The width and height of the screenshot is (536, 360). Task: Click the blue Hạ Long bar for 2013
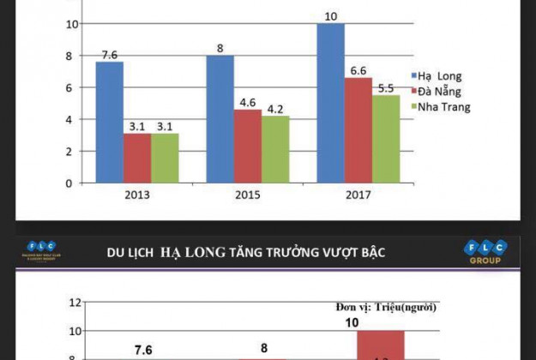pos(109,122)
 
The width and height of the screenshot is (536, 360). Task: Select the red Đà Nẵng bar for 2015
pos(248,146)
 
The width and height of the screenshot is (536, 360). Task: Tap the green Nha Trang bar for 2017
pos(386,138)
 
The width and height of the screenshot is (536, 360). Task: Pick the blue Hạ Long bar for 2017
pos(330,103)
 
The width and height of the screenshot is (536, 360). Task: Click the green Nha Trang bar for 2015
pos(275,149)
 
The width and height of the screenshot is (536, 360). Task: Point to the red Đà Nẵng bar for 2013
pos(137,158)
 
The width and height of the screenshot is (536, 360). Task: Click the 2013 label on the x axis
pos(136,195)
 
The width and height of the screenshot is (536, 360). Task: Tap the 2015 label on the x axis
pos(247,195)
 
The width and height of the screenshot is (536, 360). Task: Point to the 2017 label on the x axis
pos(358,195)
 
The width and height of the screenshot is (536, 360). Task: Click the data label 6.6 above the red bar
pos(358,69)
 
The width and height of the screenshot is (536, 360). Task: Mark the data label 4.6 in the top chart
pos(248,101)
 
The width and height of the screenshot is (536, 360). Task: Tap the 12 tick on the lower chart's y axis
pos(75,303)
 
